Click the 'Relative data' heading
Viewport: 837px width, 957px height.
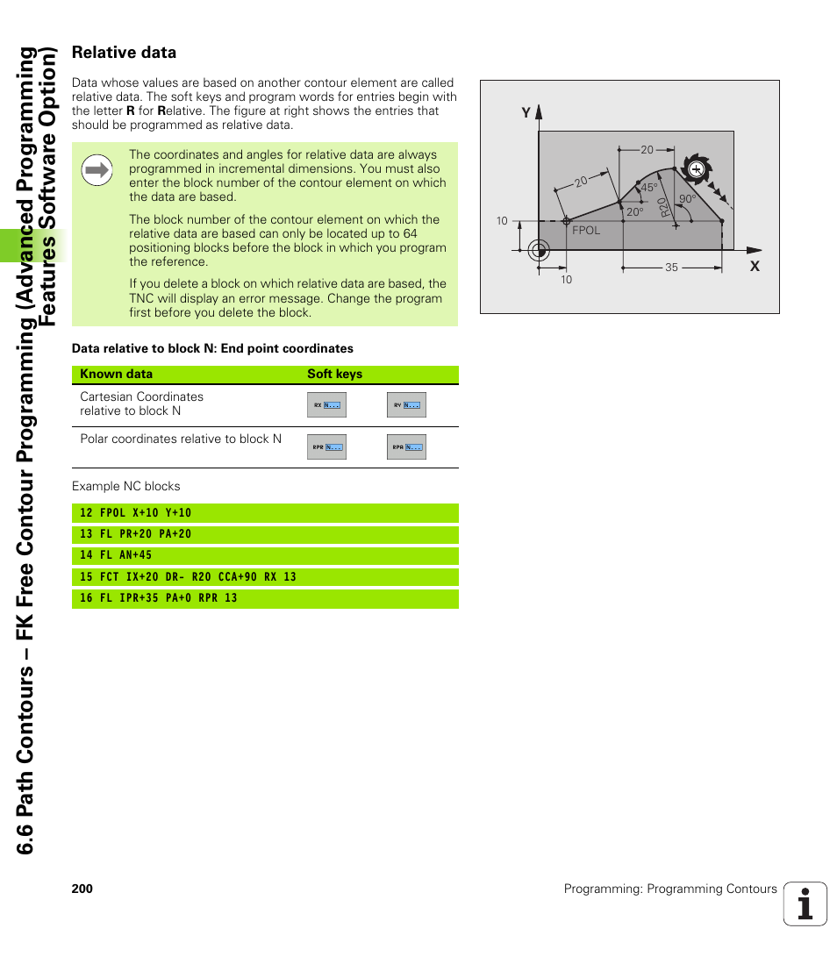pos(124,53)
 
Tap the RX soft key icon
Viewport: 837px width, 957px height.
pos(326,405)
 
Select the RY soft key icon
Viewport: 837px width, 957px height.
pos(406,405)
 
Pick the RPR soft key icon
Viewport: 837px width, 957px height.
pos(326,447)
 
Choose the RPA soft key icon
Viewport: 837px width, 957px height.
pos(406,447)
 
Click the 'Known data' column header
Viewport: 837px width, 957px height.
pos(116,374)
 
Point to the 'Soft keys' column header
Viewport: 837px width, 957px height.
pos(334,374)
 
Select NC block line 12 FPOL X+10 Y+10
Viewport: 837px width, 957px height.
pos(135,513)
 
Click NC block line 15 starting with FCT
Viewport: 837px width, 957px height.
pos(188,577)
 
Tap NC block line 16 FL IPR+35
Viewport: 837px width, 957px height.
pos(158,598)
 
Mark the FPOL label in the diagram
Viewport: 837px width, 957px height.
pos(586,231)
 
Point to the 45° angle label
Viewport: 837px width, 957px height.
pos(648,189)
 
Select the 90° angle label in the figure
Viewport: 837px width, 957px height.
pos(687,200)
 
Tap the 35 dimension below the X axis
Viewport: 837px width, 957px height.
pos(671,268)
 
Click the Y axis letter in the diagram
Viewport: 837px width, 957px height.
pos(526,113)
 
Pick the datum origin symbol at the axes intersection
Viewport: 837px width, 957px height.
pos(539,250)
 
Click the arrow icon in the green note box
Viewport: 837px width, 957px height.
pos(97,170)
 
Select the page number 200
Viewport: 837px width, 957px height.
pos(82,889)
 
